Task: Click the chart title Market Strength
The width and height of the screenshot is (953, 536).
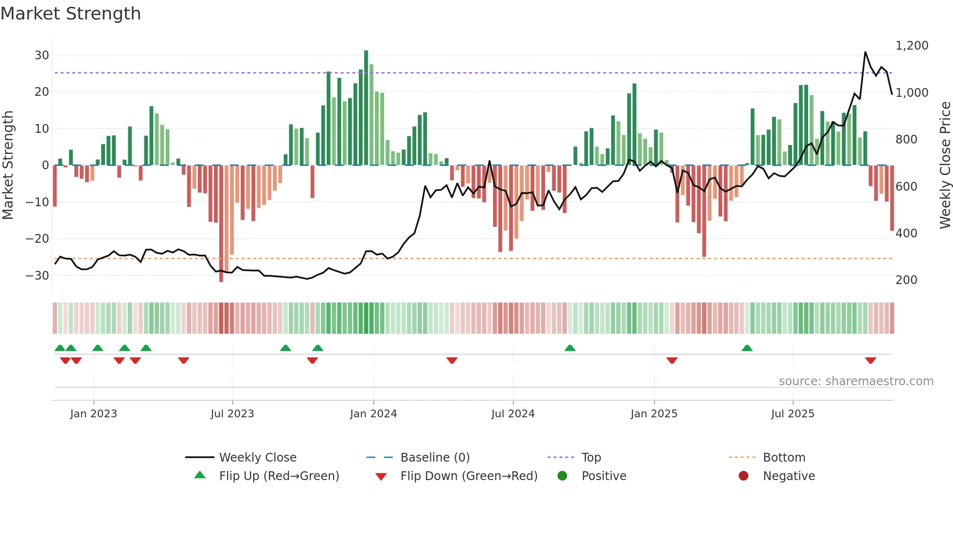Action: click(x=71, y=14)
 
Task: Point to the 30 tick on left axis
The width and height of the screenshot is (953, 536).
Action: click(x=42, y=55)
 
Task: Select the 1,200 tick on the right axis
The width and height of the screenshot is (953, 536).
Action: click(x=912, y=46)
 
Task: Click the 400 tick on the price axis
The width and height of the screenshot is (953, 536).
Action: click(x=906, y=233)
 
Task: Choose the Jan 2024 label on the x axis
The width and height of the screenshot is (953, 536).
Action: click(x=373, y=414)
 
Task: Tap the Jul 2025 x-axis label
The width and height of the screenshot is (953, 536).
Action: click(x=793, y=414)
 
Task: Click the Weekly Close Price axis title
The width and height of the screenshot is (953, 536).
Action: click(x=945, y=165)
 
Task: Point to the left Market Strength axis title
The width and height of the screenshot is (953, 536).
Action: click(x=8, y=165)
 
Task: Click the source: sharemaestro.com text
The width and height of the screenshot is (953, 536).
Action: click(x=856, y=381)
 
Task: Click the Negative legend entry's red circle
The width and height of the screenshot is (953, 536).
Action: click(x=743, y=476)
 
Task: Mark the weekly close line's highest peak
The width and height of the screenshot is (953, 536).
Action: click(x=865, y=52)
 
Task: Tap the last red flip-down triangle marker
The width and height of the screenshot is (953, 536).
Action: click(x=870, y=360)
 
